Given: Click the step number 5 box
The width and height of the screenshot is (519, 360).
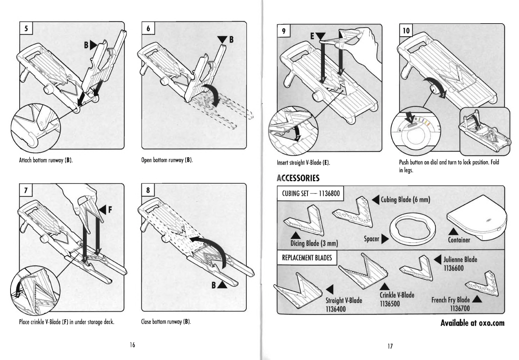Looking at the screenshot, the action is pyautogui.click(x=26, y=28).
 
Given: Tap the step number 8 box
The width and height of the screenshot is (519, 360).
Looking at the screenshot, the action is pyautogui.click(x=148, y=190).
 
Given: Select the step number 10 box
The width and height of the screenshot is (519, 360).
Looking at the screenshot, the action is pyautogui.click(x=406, y=31).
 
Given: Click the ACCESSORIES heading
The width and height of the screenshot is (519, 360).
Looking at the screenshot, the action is pyautogui.click(x=298, y=178).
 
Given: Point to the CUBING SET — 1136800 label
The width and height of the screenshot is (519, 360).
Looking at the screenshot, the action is pyautogui.click(x=310, y=193).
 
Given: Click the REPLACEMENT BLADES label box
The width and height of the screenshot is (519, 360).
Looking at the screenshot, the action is pyautogui.click(x=307, y=257).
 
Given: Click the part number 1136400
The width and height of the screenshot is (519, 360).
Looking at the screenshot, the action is pyautogui.click(x=335, y=309).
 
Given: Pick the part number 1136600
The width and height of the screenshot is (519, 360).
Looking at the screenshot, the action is pyautogui.click(x=454, y=268).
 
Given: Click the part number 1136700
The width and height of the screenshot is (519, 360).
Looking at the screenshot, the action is pyautogui.click(x=460, y=308).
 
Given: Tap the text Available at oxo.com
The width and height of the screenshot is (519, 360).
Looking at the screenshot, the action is pyautogui.click(x=472, y=323).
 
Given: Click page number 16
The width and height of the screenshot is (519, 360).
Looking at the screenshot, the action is pyautogui.click(x=132, y=345).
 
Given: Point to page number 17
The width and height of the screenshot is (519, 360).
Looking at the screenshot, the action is pyautogui.click(x=390, y=346).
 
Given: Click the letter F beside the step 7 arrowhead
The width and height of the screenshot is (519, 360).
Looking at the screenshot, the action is pyautogui.click(x=110, y=210).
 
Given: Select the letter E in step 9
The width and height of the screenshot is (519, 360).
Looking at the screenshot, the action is pyautogui.click(x=312, y=36).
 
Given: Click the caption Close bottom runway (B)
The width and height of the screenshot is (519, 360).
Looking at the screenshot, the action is pyautogui.click(x=166, y=322).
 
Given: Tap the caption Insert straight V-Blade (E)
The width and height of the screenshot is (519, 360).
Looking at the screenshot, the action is pyautogui.click(x=303, y=163).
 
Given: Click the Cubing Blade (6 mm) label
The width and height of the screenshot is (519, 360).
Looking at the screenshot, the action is pyautogui.click(x=405, y=200).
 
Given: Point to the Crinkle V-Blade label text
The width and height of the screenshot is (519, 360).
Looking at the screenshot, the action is pyautogui.click(x=397, y=295).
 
